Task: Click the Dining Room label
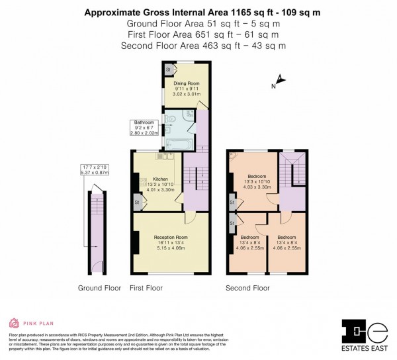pos(182,83)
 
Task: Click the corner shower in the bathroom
pos(191,114)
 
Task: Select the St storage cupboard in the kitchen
pos(137,202)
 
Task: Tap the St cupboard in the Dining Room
pos(168,69)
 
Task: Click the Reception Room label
pos(171,237)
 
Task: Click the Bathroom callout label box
pos(144,127)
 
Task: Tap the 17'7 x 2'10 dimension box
pos(93,169)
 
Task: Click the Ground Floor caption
pos(99,288)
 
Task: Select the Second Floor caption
pos(247,288)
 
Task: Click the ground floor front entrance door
pos(98,267)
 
